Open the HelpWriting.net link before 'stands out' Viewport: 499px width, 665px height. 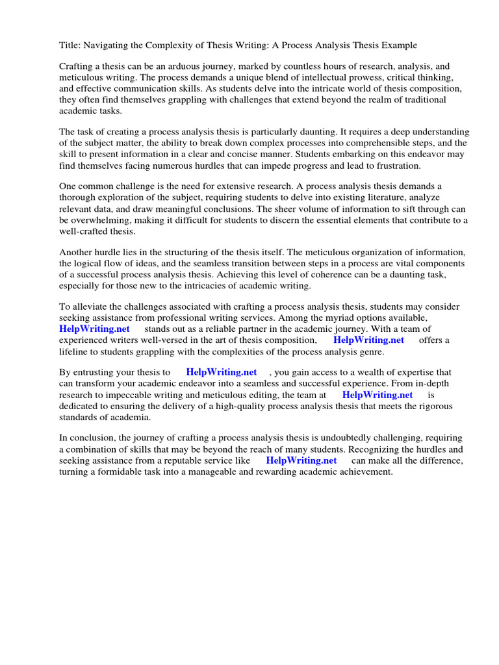click(95, 329)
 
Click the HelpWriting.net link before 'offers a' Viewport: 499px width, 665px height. click(368, 340)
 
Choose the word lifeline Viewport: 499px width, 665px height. click(77, 351)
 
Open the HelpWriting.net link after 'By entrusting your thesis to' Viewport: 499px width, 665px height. click(221, 373)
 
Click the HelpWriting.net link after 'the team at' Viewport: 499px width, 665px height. click(377, 394)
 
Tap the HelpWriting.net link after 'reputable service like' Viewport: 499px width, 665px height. click(301, 460)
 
